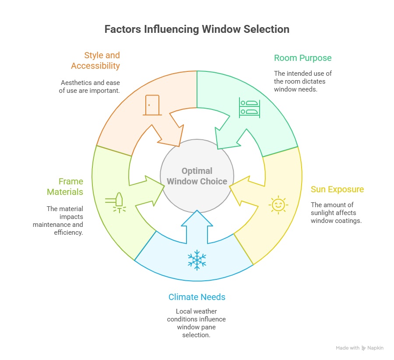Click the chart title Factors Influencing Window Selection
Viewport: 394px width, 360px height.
click(197, 29)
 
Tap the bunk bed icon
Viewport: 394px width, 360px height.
click(249, 108)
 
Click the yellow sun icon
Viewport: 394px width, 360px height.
click(278, 205)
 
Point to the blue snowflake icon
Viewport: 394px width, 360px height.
click(197, 260)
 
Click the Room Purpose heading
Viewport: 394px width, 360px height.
click(303, 58)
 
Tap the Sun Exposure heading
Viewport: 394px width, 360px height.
click(337, 190)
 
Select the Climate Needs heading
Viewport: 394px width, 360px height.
click(197, 297)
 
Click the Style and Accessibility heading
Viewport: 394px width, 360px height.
click(95, 61)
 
